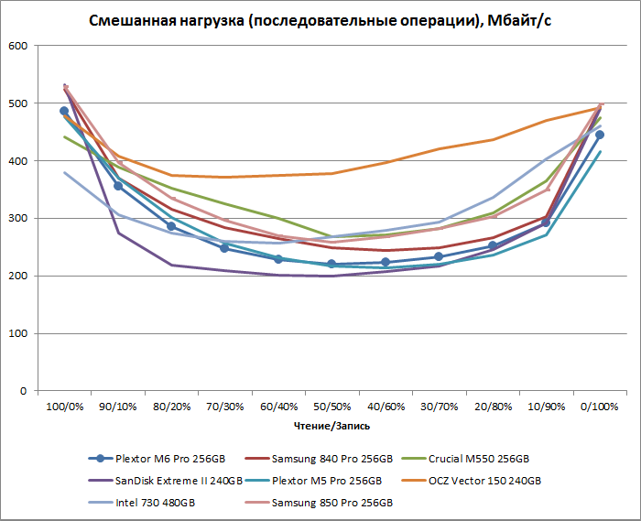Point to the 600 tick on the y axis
[18, 46]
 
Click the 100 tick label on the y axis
[18, 333]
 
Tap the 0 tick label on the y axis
[23, 391]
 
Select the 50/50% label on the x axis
[331, 407]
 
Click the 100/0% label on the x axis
[65, 407]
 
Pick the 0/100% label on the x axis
[599, 407]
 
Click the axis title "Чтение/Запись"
[331, 426]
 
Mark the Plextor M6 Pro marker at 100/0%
[64, 111]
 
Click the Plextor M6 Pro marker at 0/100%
[600, 135]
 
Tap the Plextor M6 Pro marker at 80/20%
[171, 226]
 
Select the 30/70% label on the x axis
[439, 407]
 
